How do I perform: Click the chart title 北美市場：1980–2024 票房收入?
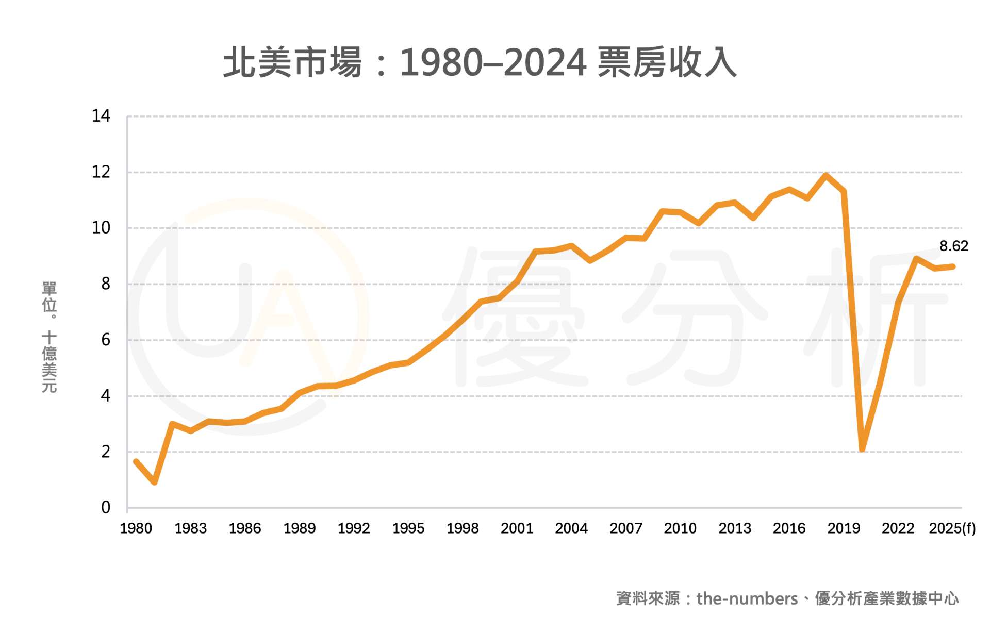tap(480, 63)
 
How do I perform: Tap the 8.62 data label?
tap(953, 246)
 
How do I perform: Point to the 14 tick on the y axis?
tap(101, 116)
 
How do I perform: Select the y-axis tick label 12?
tap(101, 172)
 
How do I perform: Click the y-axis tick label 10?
tap(101, 228)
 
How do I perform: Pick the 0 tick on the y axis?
tap(106, 508)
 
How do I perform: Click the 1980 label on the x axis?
tap(136, 528)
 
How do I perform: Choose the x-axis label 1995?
tap(408, 528)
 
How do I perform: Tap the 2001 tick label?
tap(517, 528)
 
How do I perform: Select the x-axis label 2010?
tap(680, 528)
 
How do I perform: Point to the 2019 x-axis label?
tap(844, 528)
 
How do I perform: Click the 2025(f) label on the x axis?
tap(952, 528)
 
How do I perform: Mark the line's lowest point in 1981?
tap(154, 482)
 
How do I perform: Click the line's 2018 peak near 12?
tap(826, 176)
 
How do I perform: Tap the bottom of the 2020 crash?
tap(862, 449)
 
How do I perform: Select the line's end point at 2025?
tap(953, 266)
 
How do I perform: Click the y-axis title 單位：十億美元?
tap(49, 338)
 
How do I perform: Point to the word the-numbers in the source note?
tap(747, 598)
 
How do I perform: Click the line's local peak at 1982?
tap(172, 424)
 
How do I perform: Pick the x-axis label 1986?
tap(245, 528)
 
